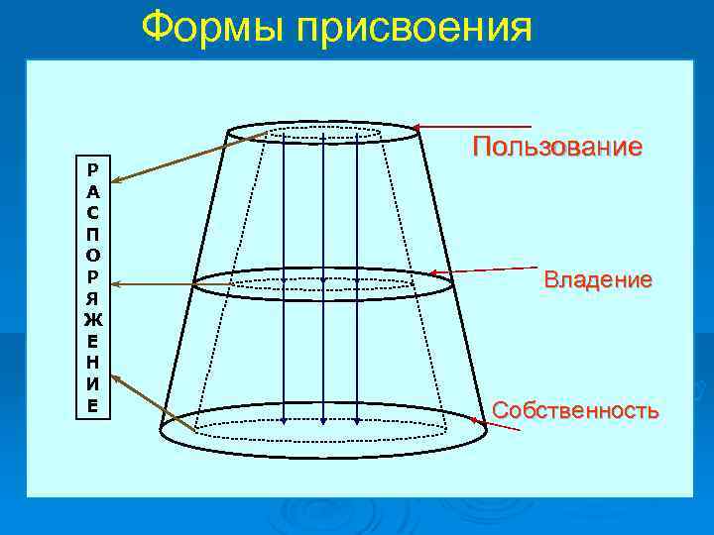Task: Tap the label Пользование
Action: pyautogui.click(x=557, y=148)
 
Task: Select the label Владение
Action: pyautogui.click(x=597, y=280)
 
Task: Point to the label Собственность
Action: pyautogui.click(x=575, y=410)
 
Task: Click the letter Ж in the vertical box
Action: pyautogui.click(x=92, y=319)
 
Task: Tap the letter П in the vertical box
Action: pyautogui.click(x=92, y=232)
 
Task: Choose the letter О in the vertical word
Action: pyautogui.click(x=92, y=254)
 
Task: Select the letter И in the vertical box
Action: pyautogui.click(x=92, y=384)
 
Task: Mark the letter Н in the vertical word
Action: pyautogui.click(x=92, y=363)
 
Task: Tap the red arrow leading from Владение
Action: pyautogui.click(x=486, y=269)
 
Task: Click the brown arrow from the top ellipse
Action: pyautogui.click(x=188, y=156)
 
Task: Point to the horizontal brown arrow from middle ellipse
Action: pyautogui.click(x=154, y=285)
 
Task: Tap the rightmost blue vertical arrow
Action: pyautogui.click(x=363, y=277)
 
